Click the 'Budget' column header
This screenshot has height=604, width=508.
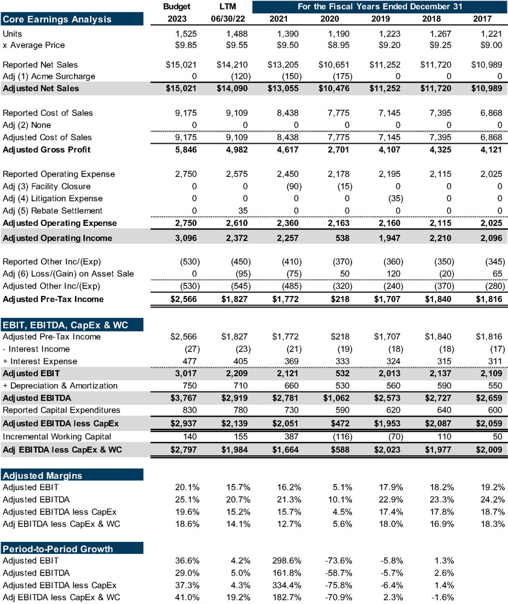[x=177, y=7]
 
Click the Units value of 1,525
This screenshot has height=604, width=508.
[x=185, y=34]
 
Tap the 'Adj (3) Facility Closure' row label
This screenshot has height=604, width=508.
[x=47, y=186]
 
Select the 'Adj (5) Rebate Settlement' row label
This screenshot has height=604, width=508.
[x=53, y=211]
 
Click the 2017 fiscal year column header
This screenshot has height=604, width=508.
[x=490, y=19]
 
